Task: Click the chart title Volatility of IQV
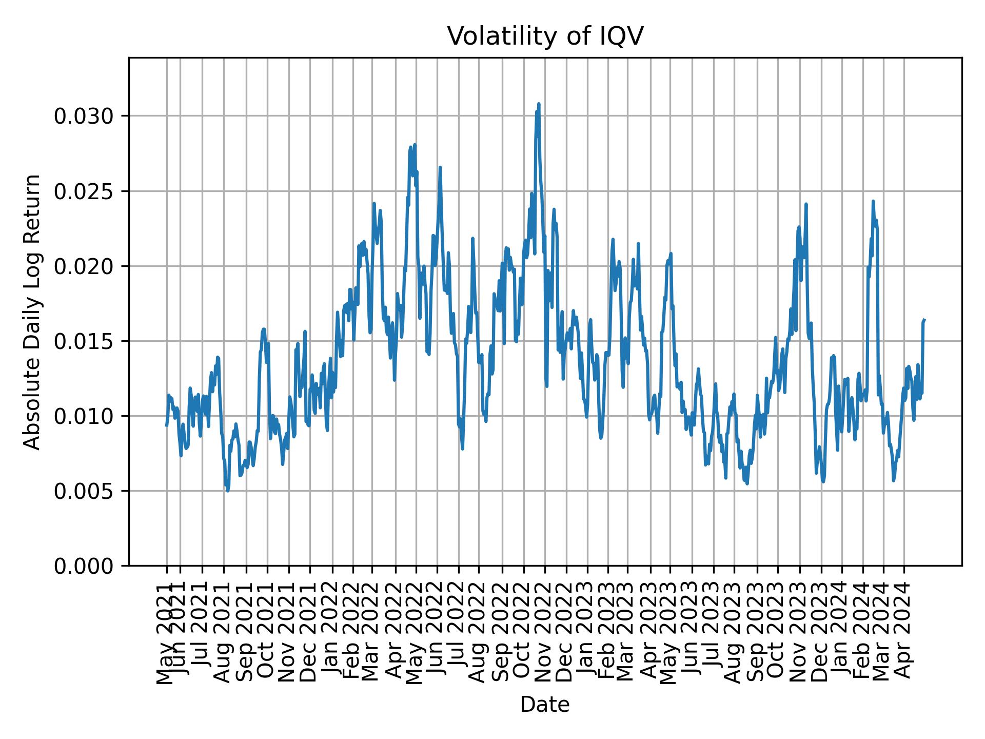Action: pyautogui.click(x=545, y=36)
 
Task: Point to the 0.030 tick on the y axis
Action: pyautogui.click(x=83, y=116)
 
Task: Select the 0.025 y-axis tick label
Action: pyautogui.click(x=83, y=191)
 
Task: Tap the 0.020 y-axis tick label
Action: pyautogui.click(x=83, y=266)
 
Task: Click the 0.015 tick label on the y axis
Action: pyautogui.click(x=83, y=341)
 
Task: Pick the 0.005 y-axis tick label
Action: pyautogui.click(x=83, y=491)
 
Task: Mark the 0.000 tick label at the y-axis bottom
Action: pyautogui.click(x=83, y=566)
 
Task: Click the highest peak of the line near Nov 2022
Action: pyautogui.click(x=539, y=104)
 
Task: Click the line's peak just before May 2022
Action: pyautogui.click(x=415, y=145)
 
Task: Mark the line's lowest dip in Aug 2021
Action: pyautogui.click(x=228, y=491)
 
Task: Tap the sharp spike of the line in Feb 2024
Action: pyautogui.click(x=873, y=201)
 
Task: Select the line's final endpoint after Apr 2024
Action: pyautogui.click(x=924, y=320)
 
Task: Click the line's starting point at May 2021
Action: pyautogui.click(x=166, y=425)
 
